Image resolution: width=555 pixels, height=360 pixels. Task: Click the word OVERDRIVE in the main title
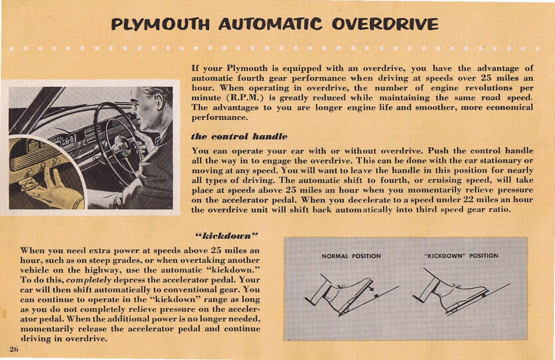tap(385, 24)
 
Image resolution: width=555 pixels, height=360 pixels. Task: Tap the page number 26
tap(14, 349)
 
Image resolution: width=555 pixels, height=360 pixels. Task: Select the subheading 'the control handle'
tap(239, 136)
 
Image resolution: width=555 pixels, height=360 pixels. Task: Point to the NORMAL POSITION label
tap(351, 256)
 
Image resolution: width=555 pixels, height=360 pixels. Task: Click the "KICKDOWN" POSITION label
tap(461, 256)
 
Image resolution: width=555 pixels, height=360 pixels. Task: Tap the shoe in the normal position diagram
tap(347, 293)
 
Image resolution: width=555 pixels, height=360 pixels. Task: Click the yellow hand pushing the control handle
tap(52, 187)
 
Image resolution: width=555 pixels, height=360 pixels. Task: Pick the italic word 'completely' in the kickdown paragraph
tap(88, 280)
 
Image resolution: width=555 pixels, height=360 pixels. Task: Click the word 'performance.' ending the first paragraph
tap(220, 117)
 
